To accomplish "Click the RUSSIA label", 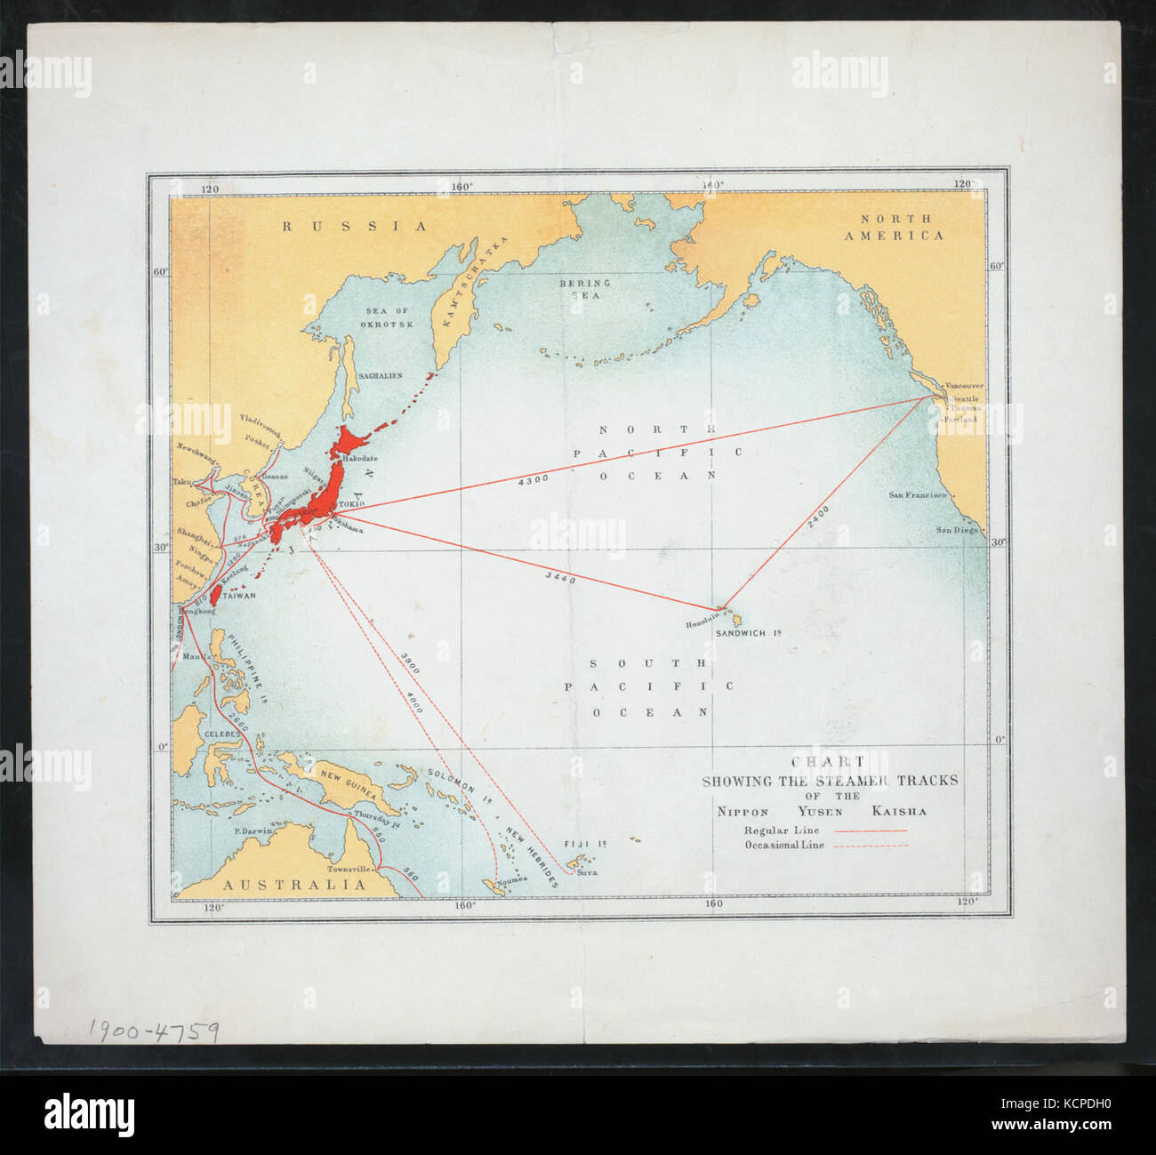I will click(356, 227).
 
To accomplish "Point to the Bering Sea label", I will click(585, 288).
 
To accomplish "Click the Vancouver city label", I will click(963, 387).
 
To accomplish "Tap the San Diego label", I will click(956, 530).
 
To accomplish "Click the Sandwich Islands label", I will click(748, 633).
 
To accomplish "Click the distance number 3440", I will click(560, 578).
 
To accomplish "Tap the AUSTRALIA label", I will click(293, 885).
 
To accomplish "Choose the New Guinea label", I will click(349, 781).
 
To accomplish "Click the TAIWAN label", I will click(239, 597).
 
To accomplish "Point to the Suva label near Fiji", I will click(588, 872).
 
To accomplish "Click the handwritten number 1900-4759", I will click(154, 1031).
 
